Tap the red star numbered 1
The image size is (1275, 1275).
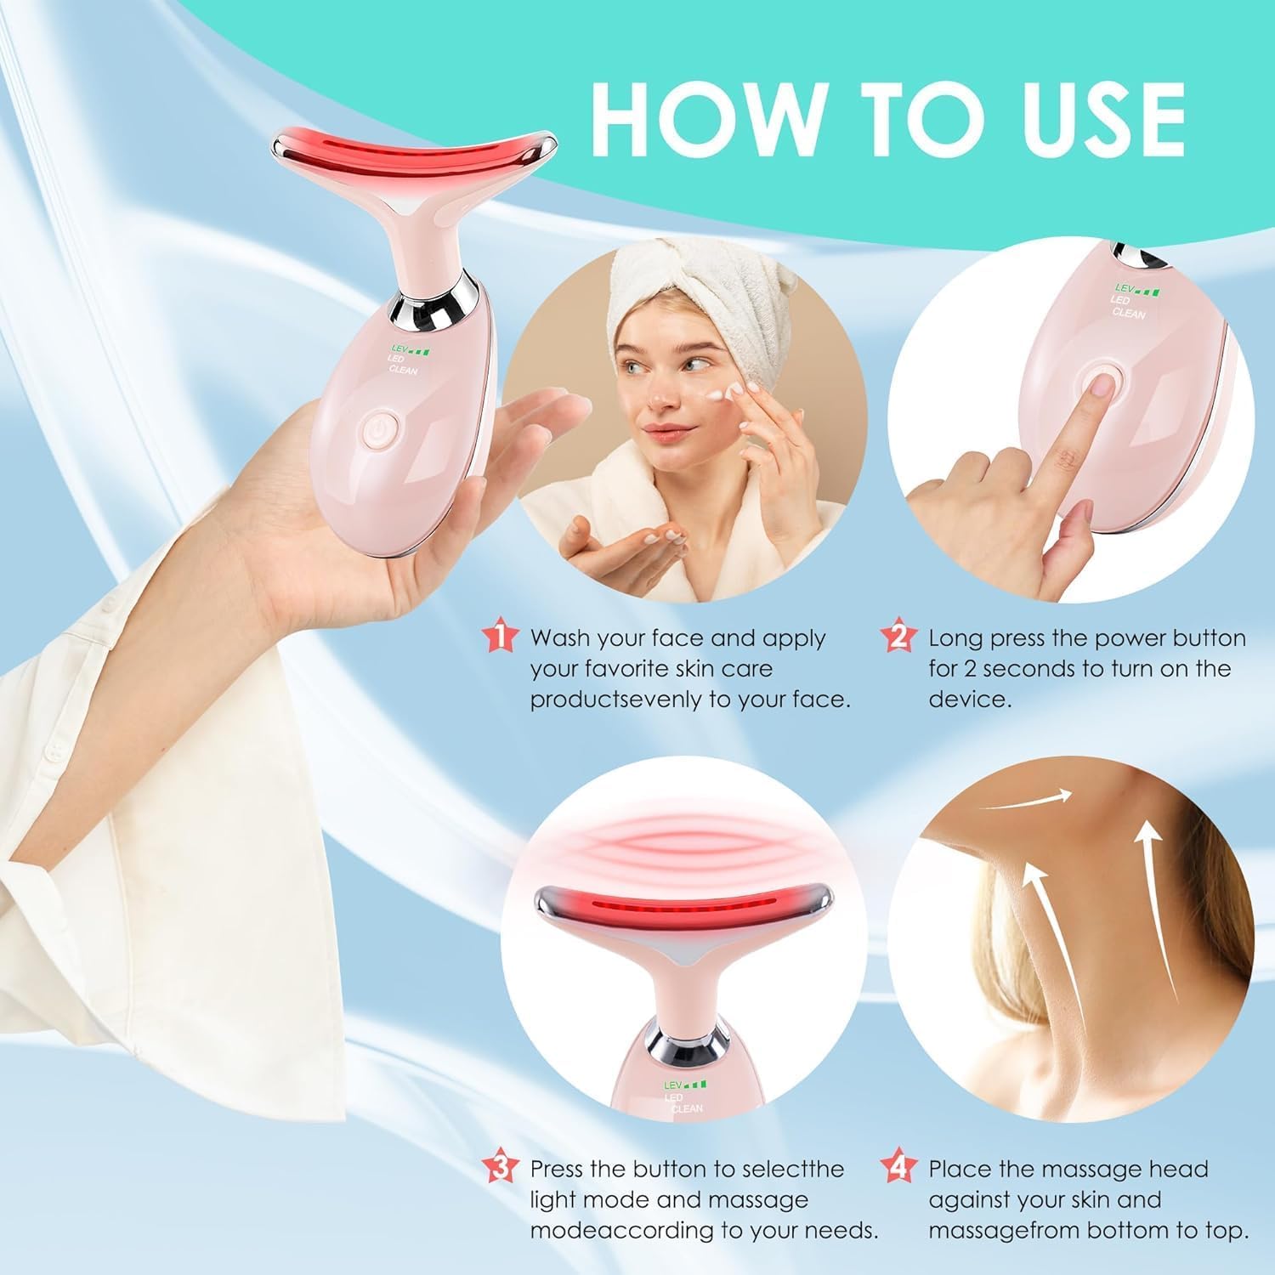[499, 637]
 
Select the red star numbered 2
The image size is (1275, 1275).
[898, 637]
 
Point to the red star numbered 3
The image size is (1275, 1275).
[499, 1169]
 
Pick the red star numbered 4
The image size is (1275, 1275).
[898, 1169]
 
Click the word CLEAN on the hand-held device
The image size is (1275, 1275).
[403, 371]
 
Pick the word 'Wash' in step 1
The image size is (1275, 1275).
[560, 637]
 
